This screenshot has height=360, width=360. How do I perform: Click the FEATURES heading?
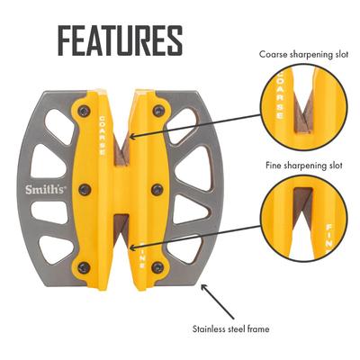tap(120, 40)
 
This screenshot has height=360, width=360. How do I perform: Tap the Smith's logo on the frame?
tap(45, 190)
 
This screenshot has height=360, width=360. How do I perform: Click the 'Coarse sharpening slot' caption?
tap(303, 55)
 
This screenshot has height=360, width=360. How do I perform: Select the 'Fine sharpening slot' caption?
tap(304, 166)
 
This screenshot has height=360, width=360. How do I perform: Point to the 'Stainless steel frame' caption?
tap(230, 328)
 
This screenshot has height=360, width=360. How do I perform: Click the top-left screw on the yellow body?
tap(84, 111)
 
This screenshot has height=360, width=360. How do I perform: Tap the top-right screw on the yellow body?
tap(158, 111)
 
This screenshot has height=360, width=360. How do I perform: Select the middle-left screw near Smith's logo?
tap(85, 190)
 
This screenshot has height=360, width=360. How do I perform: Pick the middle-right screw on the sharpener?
tap(157, 190)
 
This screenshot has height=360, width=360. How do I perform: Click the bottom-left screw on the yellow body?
tap(84, 267)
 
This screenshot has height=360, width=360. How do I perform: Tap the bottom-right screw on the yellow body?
tap(157, 267)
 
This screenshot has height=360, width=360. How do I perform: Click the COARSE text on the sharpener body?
tap(102, 136)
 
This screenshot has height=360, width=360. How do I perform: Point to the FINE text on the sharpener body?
tap(142, 254)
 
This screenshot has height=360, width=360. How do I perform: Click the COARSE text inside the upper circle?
tap(279, 94)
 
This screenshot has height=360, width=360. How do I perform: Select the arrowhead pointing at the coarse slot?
tap(132, 137)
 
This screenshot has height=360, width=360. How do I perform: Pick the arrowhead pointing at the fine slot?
tap(132, 248)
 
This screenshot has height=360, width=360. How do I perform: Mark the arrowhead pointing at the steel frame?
tap(203, 287)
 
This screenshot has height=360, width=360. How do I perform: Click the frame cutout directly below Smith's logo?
tap(49, 211)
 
